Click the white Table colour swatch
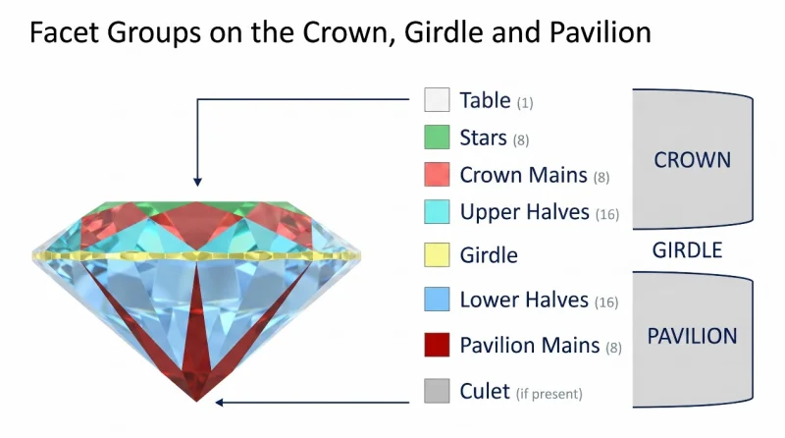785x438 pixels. [x=437, y=99]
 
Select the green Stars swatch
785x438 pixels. [x=437, y=137]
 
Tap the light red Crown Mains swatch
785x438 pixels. [x=437, y=175]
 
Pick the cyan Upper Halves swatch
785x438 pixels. [x=437, y=211]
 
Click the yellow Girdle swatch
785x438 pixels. [x=437, y=254]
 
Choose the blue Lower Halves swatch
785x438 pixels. [x=437, y=300]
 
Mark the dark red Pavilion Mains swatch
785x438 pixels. [x=437, y=345]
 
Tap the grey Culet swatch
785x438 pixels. [x=437, y=391]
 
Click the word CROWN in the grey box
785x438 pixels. [x=693, y=160]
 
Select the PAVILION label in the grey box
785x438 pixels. [x=693, y=336]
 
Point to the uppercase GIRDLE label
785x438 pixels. [x=688, y=249]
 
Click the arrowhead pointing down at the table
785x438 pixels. [x=198, y=182]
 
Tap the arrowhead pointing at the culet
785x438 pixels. [x=219, y=402]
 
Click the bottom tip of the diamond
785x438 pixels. [x=196, y=402]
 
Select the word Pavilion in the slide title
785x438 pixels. [x=601, y=32]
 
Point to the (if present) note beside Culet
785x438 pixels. [x=549, y=394]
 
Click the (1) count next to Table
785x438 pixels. [x=525, y=103]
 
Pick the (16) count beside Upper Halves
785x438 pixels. [x=607, y=214]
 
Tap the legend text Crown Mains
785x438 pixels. [x=524, y=175]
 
